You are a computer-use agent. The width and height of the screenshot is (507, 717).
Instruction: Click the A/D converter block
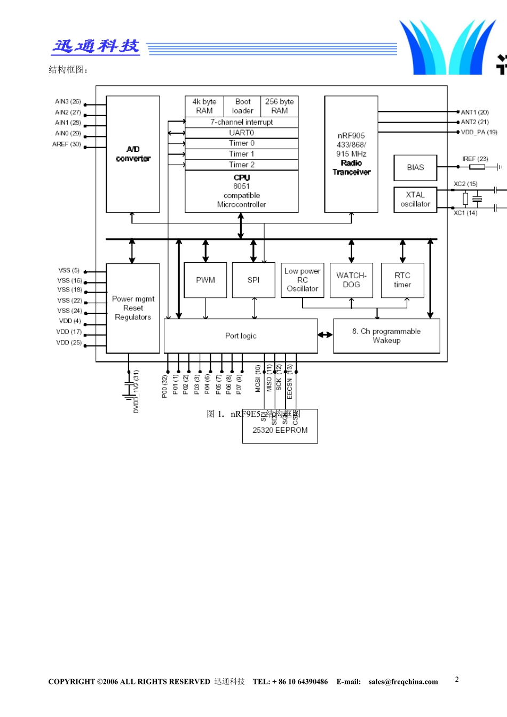coord(133,154)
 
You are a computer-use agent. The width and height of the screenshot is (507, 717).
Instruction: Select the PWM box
coord(205,280)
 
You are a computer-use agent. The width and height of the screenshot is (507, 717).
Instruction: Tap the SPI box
coord(253,280)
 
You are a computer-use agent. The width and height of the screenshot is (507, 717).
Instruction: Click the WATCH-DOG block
coord(351,280)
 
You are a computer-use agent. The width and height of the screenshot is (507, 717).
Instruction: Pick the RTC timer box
coord(402,280)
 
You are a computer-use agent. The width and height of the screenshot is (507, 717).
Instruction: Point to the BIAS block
coord(415,167)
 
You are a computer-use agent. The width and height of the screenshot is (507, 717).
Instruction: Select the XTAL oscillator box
coord(415,199)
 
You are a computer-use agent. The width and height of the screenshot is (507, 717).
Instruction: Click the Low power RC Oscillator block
coord(302,280)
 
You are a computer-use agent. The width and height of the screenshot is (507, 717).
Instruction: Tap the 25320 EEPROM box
coord(280,430)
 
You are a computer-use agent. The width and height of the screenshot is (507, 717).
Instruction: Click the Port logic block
coord(241,336)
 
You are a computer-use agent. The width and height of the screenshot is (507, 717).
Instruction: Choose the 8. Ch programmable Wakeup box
coord(386,336)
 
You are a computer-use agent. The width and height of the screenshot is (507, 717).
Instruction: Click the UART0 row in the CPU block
coord(241,133)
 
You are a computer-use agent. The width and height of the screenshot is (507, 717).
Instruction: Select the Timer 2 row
coord(241,165)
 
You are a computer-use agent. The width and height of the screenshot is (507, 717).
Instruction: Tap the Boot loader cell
coord(242,106)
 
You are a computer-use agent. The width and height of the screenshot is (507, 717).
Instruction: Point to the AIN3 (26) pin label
coord(68,101)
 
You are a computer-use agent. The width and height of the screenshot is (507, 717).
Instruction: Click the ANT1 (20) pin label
coord(474,112)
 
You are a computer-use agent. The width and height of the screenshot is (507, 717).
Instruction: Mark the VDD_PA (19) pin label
coord(479,132)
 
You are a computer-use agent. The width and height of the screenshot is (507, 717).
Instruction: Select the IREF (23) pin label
coord(475,159)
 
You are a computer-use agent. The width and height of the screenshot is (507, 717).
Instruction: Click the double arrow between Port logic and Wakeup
coord(325,335)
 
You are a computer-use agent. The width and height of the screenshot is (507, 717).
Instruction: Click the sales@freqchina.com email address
coord(403,682)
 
